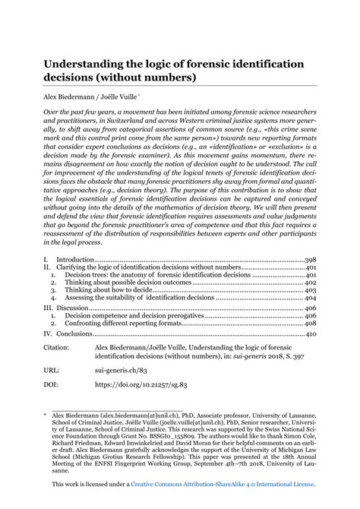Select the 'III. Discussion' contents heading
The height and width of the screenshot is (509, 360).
point(66,308)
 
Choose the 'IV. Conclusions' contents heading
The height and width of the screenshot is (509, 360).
point(69,334)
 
